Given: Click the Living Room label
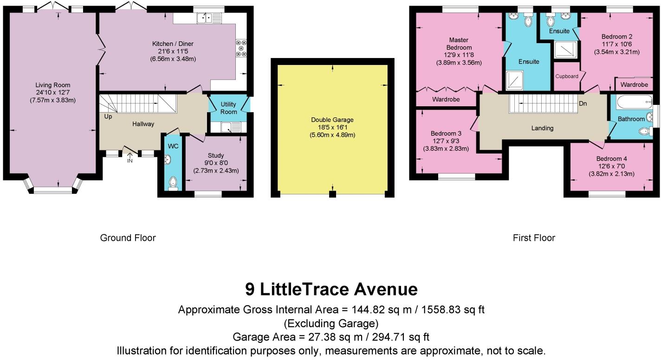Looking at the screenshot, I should click(52, 85).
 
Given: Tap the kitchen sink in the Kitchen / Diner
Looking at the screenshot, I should click(209, 18).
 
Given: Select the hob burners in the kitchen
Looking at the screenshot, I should click(241, 48).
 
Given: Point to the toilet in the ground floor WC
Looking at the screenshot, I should click(173, 184).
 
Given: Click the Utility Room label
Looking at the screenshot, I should click(228, 108).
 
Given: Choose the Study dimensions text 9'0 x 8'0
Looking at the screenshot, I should click(216, 163).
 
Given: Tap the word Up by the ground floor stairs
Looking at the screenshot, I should click(108, 117).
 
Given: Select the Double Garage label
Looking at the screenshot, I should click(332, 120).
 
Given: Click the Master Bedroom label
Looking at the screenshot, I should click(459, 44).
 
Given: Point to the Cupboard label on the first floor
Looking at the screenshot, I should click(567, 76).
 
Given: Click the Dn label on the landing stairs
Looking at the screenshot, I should click(583, 104).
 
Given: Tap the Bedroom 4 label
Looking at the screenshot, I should click(611, 159).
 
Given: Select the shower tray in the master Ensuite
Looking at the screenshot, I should click(515, 80).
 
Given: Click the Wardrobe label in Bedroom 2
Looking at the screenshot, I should click(634, 85).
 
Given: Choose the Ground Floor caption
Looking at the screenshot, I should click(128, 238).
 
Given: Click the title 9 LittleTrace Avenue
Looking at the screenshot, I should click(331, 289).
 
